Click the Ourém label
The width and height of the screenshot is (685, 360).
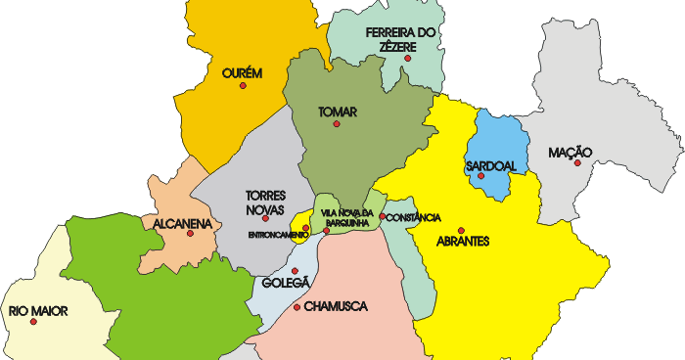coord(243,72)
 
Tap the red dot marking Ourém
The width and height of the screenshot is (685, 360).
coord(243,86)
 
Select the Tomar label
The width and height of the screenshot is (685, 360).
coord(338,112)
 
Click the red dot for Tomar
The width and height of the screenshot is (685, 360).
coord(338,124)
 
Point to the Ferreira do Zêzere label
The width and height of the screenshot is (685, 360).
coord(400,39)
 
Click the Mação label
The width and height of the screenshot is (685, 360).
coord(571,152)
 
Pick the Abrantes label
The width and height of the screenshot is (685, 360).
coord(462,242)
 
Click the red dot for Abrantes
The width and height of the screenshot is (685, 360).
coord(461,231)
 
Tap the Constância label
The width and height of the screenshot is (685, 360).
coord(414,217)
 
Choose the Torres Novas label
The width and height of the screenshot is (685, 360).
coord(266,202)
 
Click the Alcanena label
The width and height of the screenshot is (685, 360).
coord(183,224)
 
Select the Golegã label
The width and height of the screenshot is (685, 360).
coord(286,283)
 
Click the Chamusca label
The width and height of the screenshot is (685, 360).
coord(336,306)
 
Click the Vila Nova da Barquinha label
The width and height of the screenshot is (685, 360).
coord(344,218)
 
